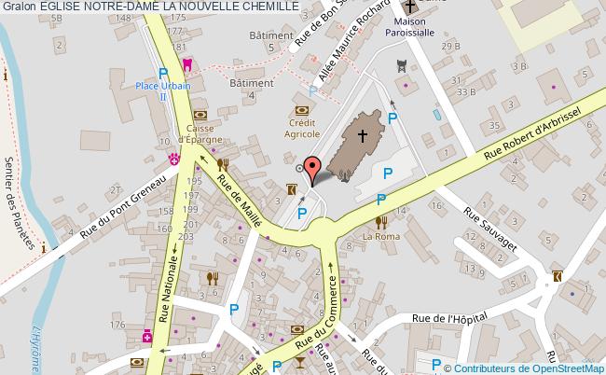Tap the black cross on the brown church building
[x=363, y=135]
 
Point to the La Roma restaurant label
[x=380, y=236]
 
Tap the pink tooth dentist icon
[x=186, y=64]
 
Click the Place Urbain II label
[x=164, y=90]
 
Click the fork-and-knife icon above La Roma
[x=380, y=221]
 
